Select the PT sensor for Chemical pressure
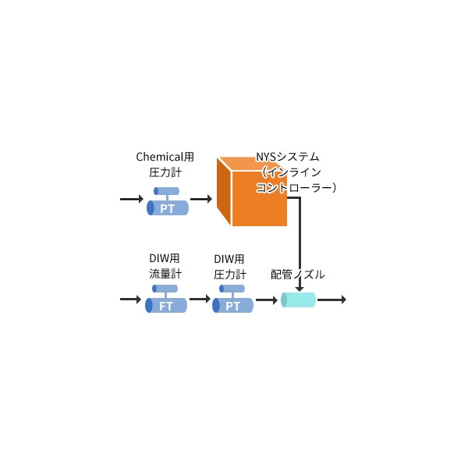tap(168, 208)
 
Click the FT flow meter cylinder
tap(166, 304)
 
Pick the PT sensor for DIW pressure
tap(233, 304)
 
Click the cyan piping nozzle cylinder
tap(298, 300)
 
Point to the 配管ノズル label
tap(298, 275)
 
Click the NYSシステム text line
tap(288, 157)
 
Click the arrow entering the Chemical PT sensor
tap(131, 200)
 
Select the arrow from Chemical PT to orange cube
tap(200, 200)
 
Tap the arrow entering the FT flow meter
tap(131, 299)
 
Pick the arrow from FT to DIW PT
tap(200, 299)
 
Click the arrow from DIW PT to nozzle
tap(267, 299)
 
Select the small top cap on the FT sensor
tap(165, 289)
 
